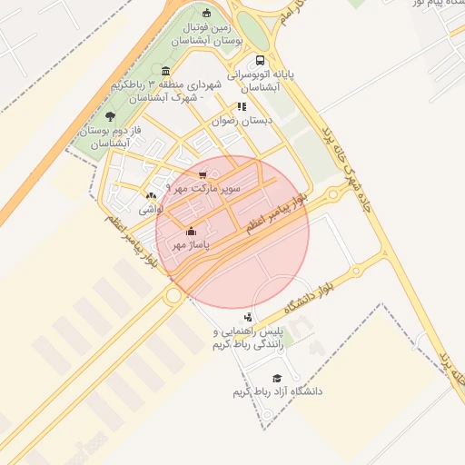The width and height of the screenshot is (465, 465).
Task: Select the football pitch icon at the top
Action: click(206, 13)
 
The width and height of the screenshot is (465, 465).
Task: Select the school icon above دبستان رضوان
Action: click(242, 106)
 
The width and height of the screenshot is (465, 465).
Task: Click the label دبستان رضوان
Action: click(238, 120)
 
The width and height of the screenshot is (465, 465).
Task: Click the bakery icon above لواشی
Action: click(151, 195)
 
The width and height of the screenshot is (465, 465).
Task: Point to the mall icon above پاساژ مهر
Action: click(190, 231)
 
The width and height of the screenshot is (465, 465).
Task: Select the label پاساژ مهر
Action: click(192, 244)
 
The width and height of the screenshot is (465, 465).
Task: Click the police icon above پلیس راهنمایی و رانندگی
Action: click(249, 318)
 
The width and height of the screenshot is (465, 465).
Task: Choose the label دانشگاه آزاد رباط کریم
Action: click(277, 391)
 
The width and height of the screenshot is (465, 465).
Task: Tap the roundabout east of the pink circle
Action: click(333, 194)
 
